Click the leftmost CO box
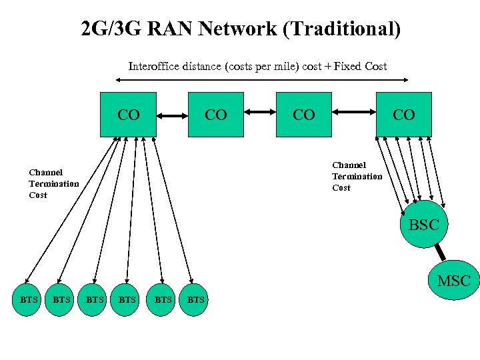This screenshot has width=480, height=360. pyautogui.click(x=128, y=114)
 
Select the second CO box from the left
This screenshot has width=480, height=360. pyautogui.click(x=215, y=114)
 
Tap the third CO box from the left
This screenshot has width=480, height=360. pyautogui.click(x=303, y=114)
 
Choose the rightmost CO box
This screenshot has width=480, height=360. pyautogui.click(x=403, y=114)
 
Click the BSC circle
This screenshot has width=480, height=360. pyautogui.click(x=423, y=225)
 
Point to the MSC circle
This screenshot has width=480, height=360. pyautogui.click(x=453, y=281)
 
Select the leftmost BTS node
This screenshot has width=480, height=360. pyautogui.click(x=29, y=300)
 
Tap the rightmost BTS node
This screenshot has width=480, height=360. pyautogui.click(x=195, y=300)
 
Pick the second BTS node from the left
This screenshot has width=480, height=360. pyautogui.click(x=61, y=300)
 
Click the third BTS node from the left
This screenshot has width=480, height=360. pyautogui.click(x=95, y=300)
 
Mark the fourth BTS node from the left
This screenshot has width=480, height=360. pyautogui.click(x=128, y=300)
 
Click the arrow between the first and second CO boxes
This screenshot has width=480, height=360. pyautogui.click(x=172, y=116)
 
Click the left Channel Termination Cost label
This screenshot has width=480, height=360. pyautogui.click(x=53, y=183)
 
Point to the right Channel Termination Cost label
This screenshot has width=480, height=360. pyautogui.click(x=357, y=176)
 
